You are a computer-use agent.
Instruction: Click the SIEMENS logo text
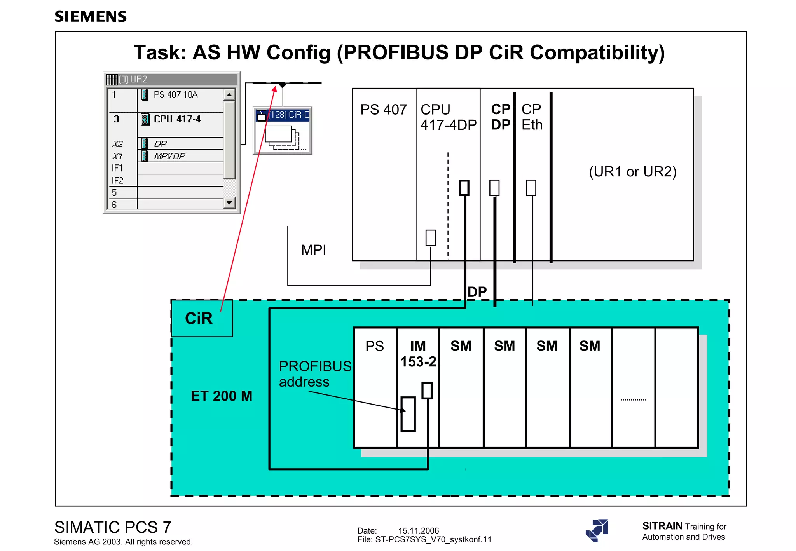[x=91, y=17]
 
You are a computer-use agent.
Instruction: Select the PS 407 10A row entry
[x=175, y=95]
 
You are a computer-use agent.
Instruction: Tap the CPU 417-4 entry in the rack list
[x=177, y=119]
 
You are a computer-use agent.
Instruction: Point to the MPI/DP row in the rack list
[x=169, y=156]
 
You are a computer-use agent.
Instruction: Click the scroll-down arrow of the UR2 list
[x=229, y=202]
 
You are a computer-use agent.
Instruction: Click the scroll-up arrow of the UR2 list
[x=229, y=95]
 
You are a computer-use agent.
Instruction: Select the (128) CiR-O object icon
[x=283, y=131]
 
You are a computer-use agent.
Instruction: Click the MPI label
[x=313, y=250]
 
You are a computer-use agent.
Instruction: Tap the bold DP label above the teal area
[x=477, y=292]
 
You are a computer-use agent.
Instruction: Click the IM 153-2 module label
[x=418, y=354]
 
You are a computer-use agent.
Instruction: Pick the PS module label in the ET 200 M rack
[x=375, y=346]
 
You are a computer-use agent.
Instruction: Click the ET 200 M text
[x=221, y=396]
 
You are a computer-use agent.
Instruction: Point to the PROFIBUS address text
[x=314, y=374]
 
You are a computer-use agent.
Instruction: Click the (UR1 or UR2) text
[x=632, y=171]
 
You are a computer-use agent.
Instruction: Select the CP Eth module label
[x=531, y=117]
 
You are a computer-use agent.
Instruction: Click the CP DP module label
[x=501, y=117]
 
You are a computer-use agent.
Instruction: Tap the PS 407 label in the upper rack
[x=383, y=110]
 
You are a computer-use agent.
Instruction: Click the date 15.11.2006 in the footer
[x=418, y=530]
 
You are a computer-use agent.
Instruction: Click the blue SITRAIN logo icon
[x=597, y=530]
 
